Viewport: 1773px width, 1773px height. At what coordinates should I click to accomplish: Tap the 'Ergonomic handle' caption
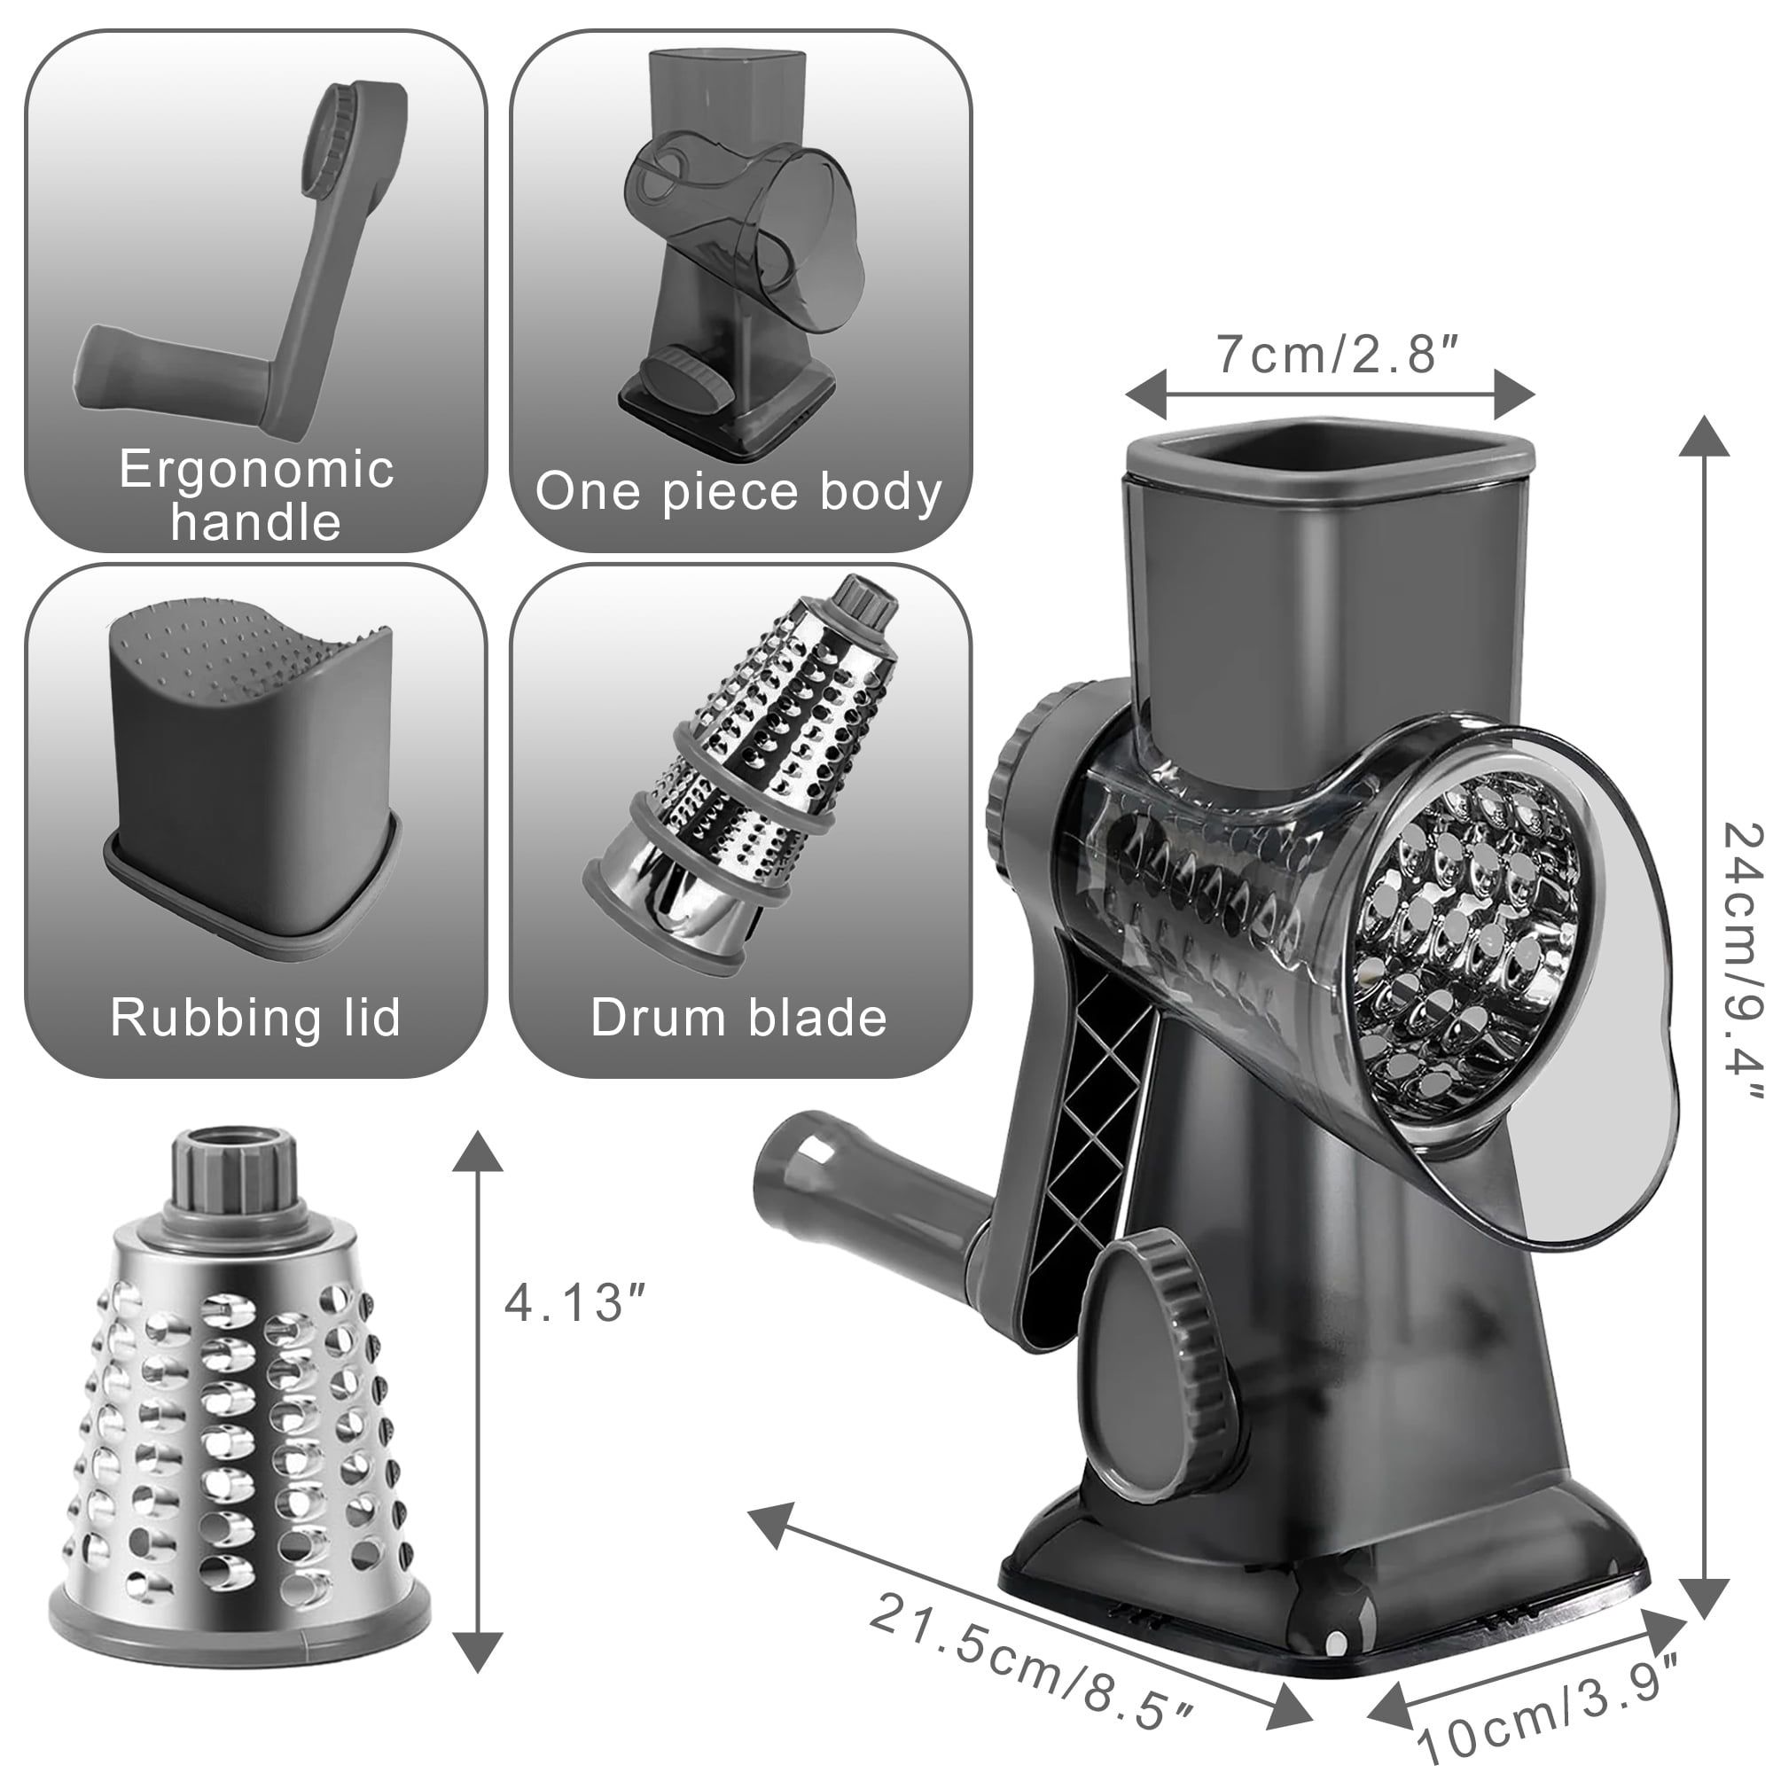coord(256,495)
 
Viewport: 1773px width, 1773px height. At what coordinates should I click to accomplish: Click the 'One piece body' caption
coord(738,493)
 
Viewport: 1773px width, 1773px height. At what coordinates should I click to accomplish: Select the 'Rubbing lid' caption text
coord(256,1017)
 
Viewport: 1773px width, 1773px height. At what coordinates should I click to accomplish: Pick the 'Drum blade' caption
coord(738,1017)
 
